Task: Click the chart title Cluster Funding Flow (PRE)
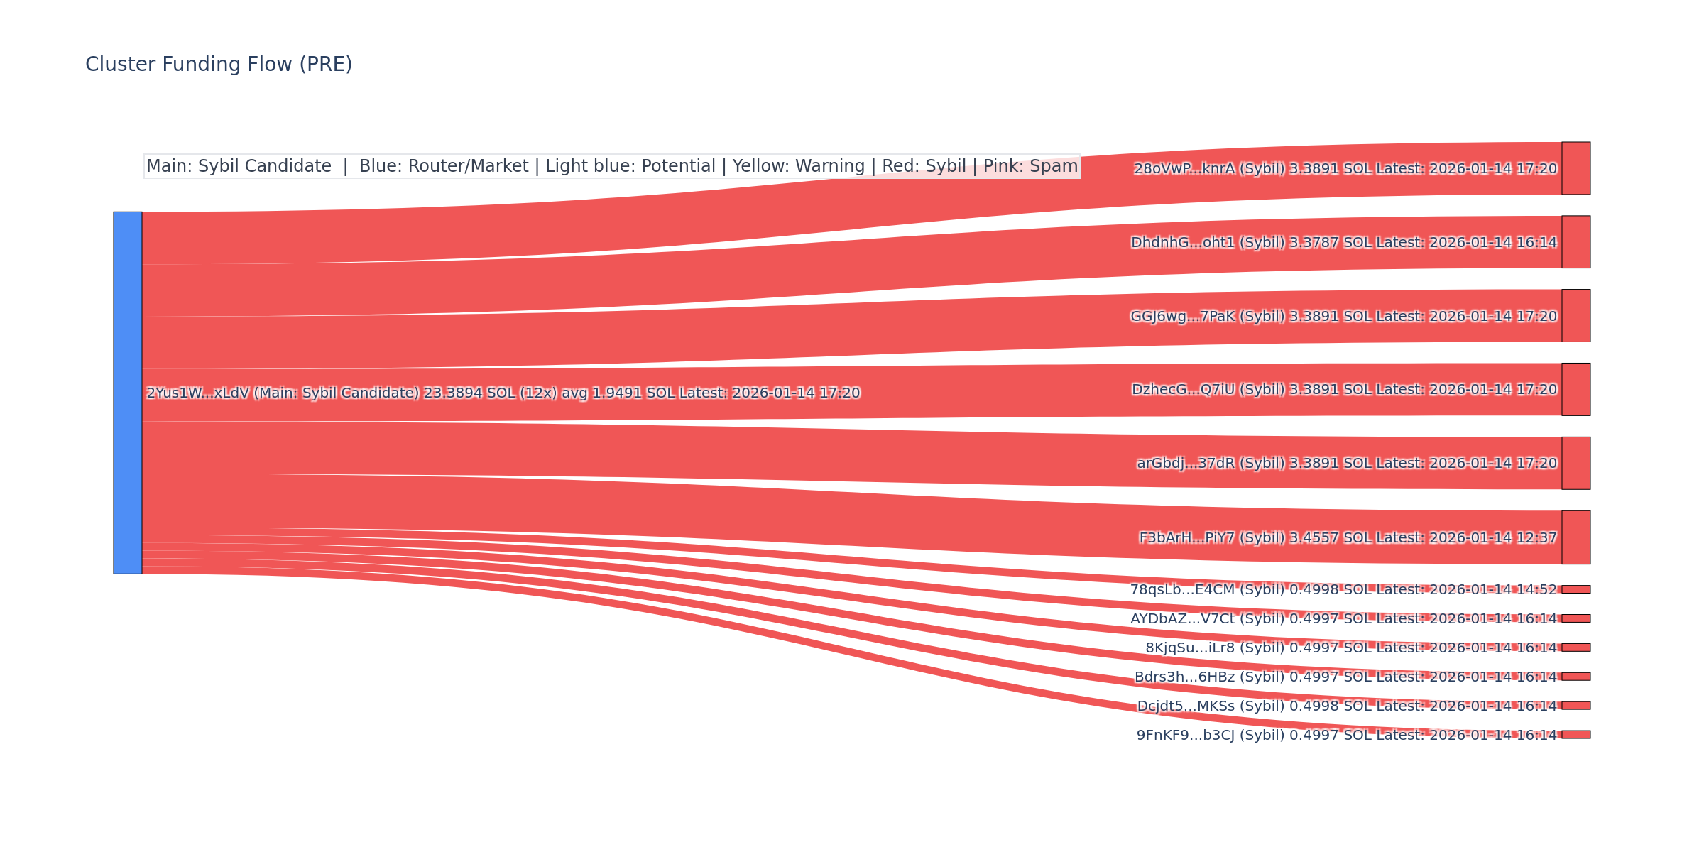click(219, 65)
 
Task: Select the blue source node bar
click(128, 393)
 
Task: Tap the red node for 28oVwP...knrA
click(1575, 168)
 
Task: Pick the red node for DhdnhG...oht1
click(1575, 242)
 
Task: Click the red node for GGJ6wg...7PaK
click(1575, 316)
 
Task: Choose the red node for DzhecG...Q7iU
click(1575, 390)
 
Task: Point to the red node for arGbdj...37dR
click(1575, 463)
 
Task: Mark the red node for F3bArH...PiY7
click(1575, 537)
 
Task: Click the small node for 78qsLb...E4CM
click(1575, 589)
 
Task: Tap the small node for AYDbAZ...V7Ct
click(1575, 618)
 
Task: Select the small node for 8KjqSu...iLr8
click(1575, 648)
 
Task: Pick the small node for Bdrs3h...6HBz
click(1575, 677)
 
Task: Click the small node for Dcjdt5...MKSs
click(1575, 706)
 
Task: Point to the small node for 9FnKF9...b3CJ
click(1575, 735)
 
